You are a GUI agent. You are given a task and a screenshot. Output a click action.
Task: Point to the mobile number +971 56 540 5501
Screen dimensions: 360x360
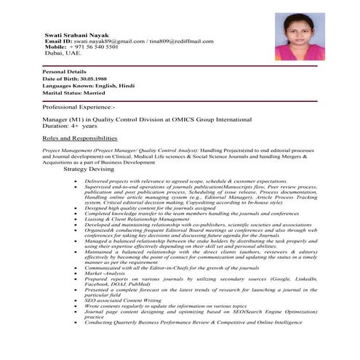point(94,47)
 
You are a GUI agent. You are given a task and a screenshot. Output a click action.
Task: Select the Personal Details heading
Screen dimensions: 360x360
point(65,73)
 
